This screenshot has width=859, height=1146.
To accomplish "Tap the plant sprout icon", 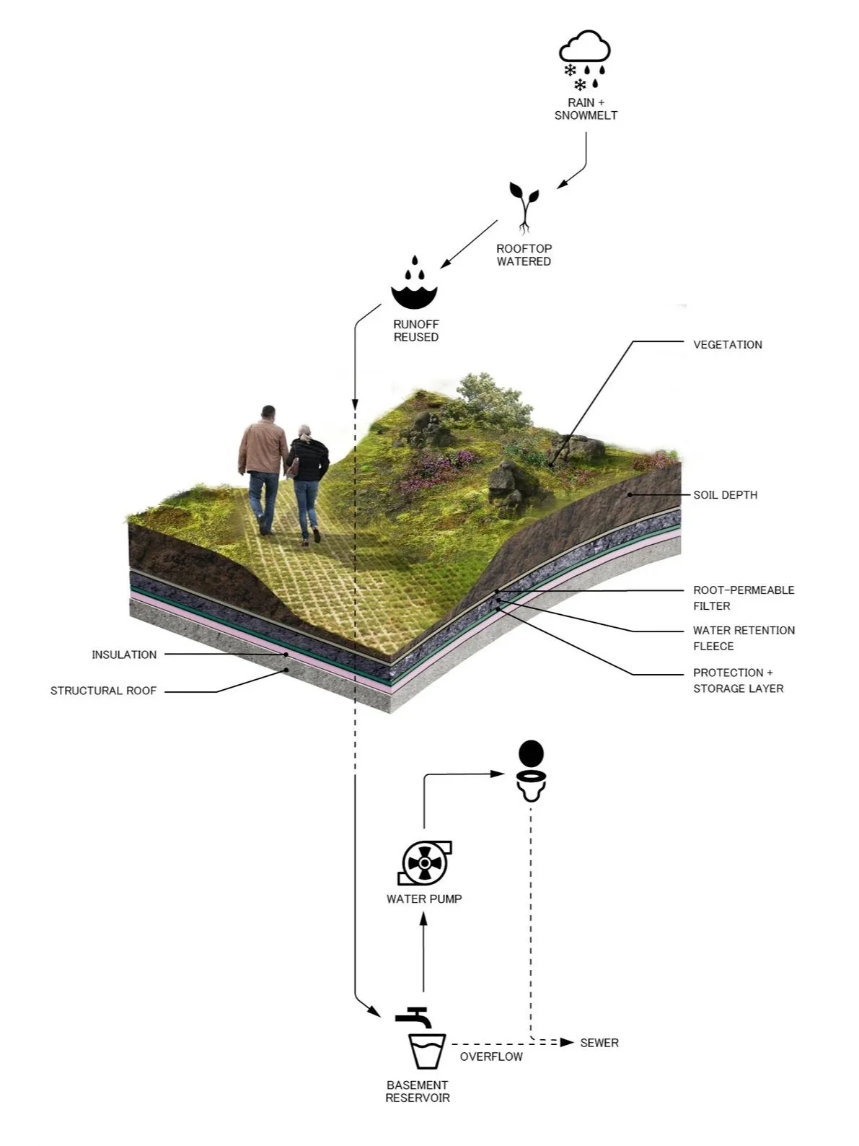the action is coord(524,206).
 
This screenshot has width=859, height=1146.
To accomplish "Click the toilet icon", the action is coord(532,771).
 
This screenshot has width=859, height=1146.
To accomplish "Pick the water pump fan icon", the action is coord(424,862).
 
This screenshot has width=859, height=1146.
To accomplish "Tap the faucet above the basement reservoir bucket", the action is coord(414,1017).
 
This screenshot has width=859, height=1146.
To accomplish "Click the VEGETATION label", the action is coord(727,345).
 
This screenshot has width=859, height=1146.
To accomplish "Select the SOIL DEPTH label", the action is coord(725,495).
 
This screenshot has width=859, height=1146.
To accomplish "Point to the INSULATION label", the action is coord(124,655).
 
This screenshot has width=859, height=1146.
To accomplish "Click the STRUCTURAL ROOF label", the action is coord(103,691).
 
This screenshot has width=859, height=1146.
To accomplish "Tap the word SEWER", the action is coord(599,1043).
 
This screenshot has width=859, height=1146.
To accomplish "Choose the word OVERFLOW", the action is coord(491,1057).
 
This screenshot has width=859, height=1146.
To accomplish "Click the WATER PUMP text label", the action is coord(424,899).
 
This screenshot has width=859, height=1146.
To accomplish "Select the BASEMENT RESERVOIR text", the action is coord(418,1091).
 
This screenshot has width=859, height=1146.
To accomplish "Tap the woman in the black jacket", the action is coord(308,480).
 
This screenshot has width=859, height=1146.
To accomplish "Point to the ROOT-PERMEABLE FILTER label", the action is coord(743,598).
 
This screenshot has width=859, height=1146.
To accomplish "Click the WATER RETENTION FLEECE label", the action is coord(743,638).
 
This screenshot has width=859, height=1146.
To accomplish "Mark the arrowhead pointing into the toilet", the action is coord(498,774).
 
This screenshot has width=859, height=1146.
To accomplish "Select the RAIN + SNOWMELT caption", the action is coord(586,109).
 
